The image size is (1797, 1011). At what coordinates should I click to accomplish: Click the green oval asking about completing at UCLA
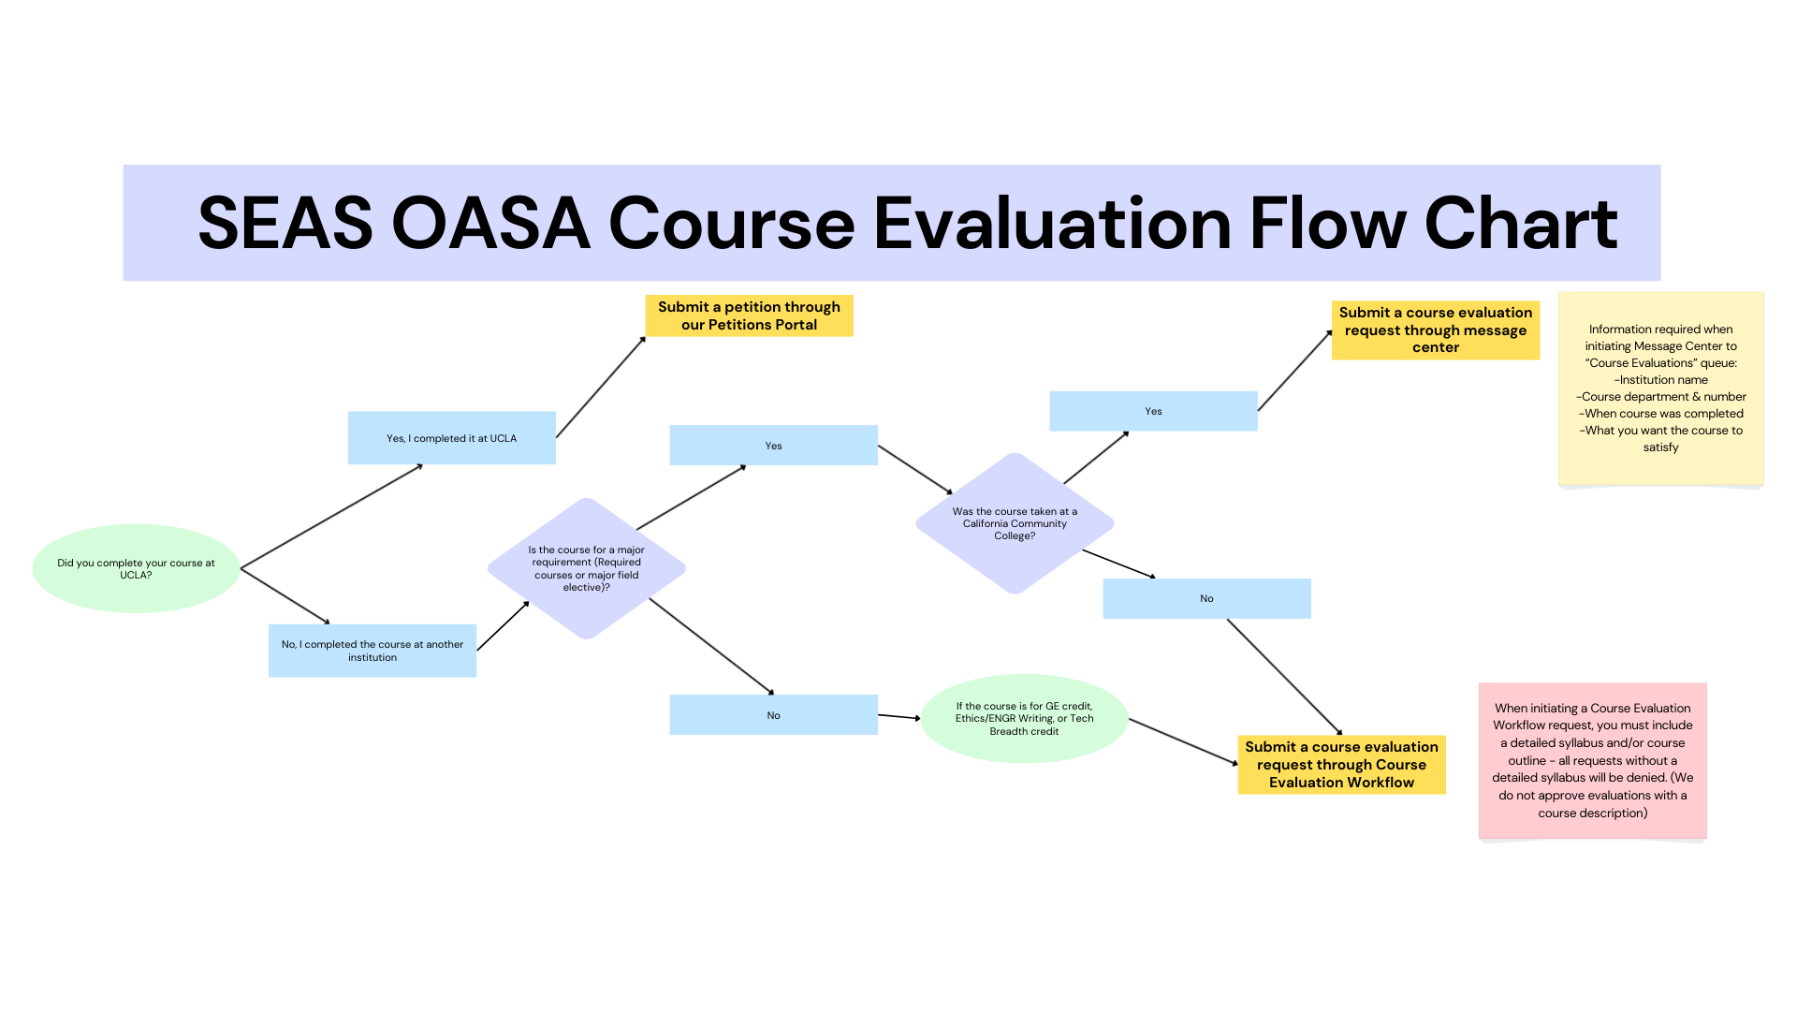click(136, 568)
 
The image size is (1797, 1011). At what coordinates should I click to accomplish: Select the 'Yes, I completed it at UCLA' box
click(452, 438)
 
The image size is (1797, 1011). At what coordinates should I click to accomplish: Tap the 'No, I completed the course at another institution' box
click(373, 651)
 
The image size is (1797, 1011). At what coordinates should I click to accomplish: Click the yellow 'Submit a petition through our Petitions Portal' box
click(749, 315)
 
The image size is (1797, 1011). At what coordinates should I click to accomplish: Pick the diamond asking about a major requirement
click(587, 568)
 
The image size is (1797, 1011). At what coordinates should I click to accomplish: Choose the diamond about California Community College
click(1015, 523)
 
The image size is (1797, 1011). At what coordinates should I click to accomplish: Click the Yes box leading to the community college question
click(774, 446)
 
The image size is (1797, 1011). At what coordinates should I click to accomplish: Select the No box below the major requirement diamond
click(774, 715)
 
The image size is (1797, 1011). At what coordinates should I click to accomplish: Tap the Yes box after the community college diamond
click(1153, 411)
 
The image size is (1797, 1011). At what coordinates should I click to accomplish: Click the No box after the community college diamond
click(1207, 598)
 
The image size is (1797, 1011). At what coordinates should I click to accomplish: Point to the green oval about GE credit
click(1025, 718)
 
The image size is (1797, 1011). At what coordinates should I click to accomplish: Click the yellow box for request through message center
click(1436, 330)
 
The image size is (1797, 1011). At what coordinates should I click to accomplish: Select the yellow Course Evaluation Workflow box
click(1342, 765)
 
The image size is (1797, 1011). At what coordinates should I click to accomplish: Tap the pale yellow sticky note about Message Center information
click(1661, 388)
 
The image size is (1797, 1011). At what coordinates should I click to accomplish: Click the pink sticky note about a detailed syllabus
click(1593, 760)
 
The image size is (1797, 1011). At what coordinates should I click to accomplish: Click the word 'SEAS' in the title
click(285, 224)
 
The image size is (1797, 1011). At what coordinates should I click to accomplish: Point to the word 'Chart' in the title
click(1522, 224)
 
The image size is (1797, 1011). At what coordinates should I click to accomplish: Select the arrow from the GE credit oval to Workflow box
click(1184, 742)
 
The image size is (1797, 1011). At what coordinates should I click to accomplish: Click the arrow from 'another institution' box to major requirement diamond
click(504, 625)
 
